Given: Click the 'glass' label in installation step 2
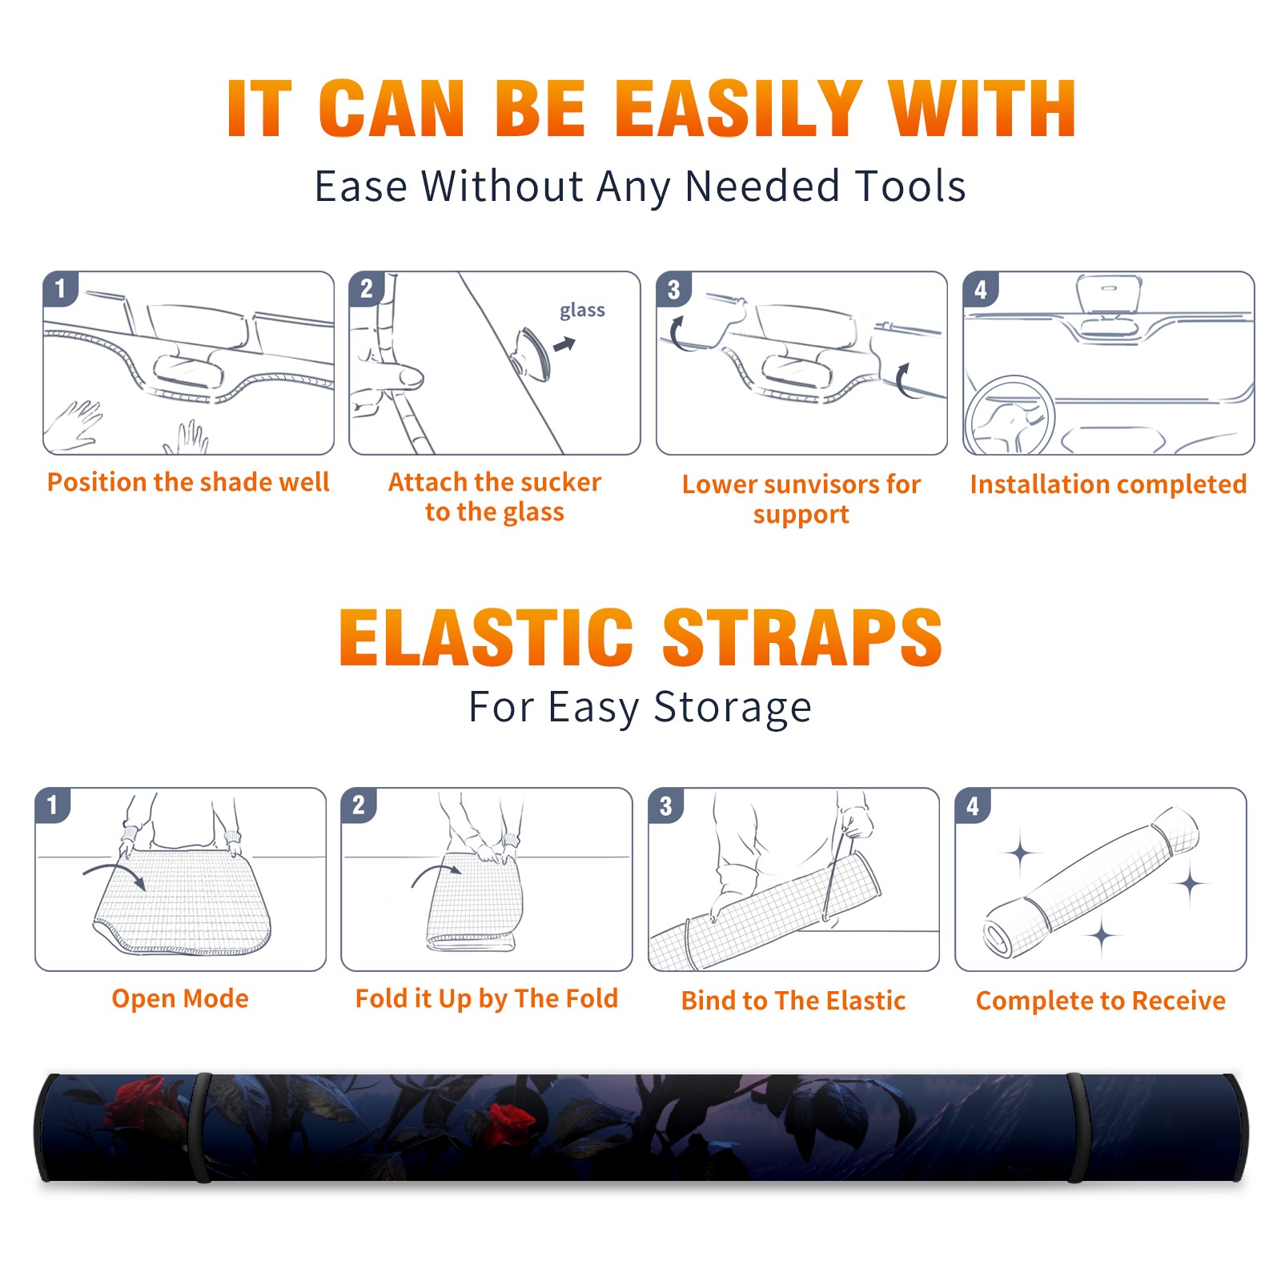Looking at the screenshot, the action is (x=582, y=311).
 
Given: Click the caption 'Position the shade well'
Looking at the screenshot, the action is (x=188, y=482).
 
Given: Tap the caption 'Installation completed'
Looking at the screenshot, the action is (x=1108, y=484).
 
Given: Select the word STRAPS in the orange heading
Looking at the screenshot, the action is (x=802, y=637).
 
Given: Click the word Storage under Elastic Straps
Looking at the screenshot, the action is (x=733, y=708).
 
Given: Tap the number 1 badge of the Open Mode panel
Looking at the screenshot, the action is (x=53, y=805).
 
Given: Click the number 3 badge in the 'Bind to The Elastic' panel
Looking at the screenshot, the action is (x=666, y=805).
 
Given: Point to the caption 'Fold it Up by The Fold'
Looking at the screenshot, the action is (x=487, y=998).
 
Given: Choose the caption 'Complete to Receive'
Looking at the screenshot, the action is (x=1101, y=1001).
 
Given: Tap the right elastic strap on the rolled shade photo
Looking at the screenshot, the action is (x=1078, y=1127).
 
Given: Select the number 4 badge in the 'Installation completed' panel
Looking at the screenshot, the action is (x=981, y=290).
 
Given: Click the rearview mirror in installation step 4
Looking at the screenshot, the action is (x=1109, y=294).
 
